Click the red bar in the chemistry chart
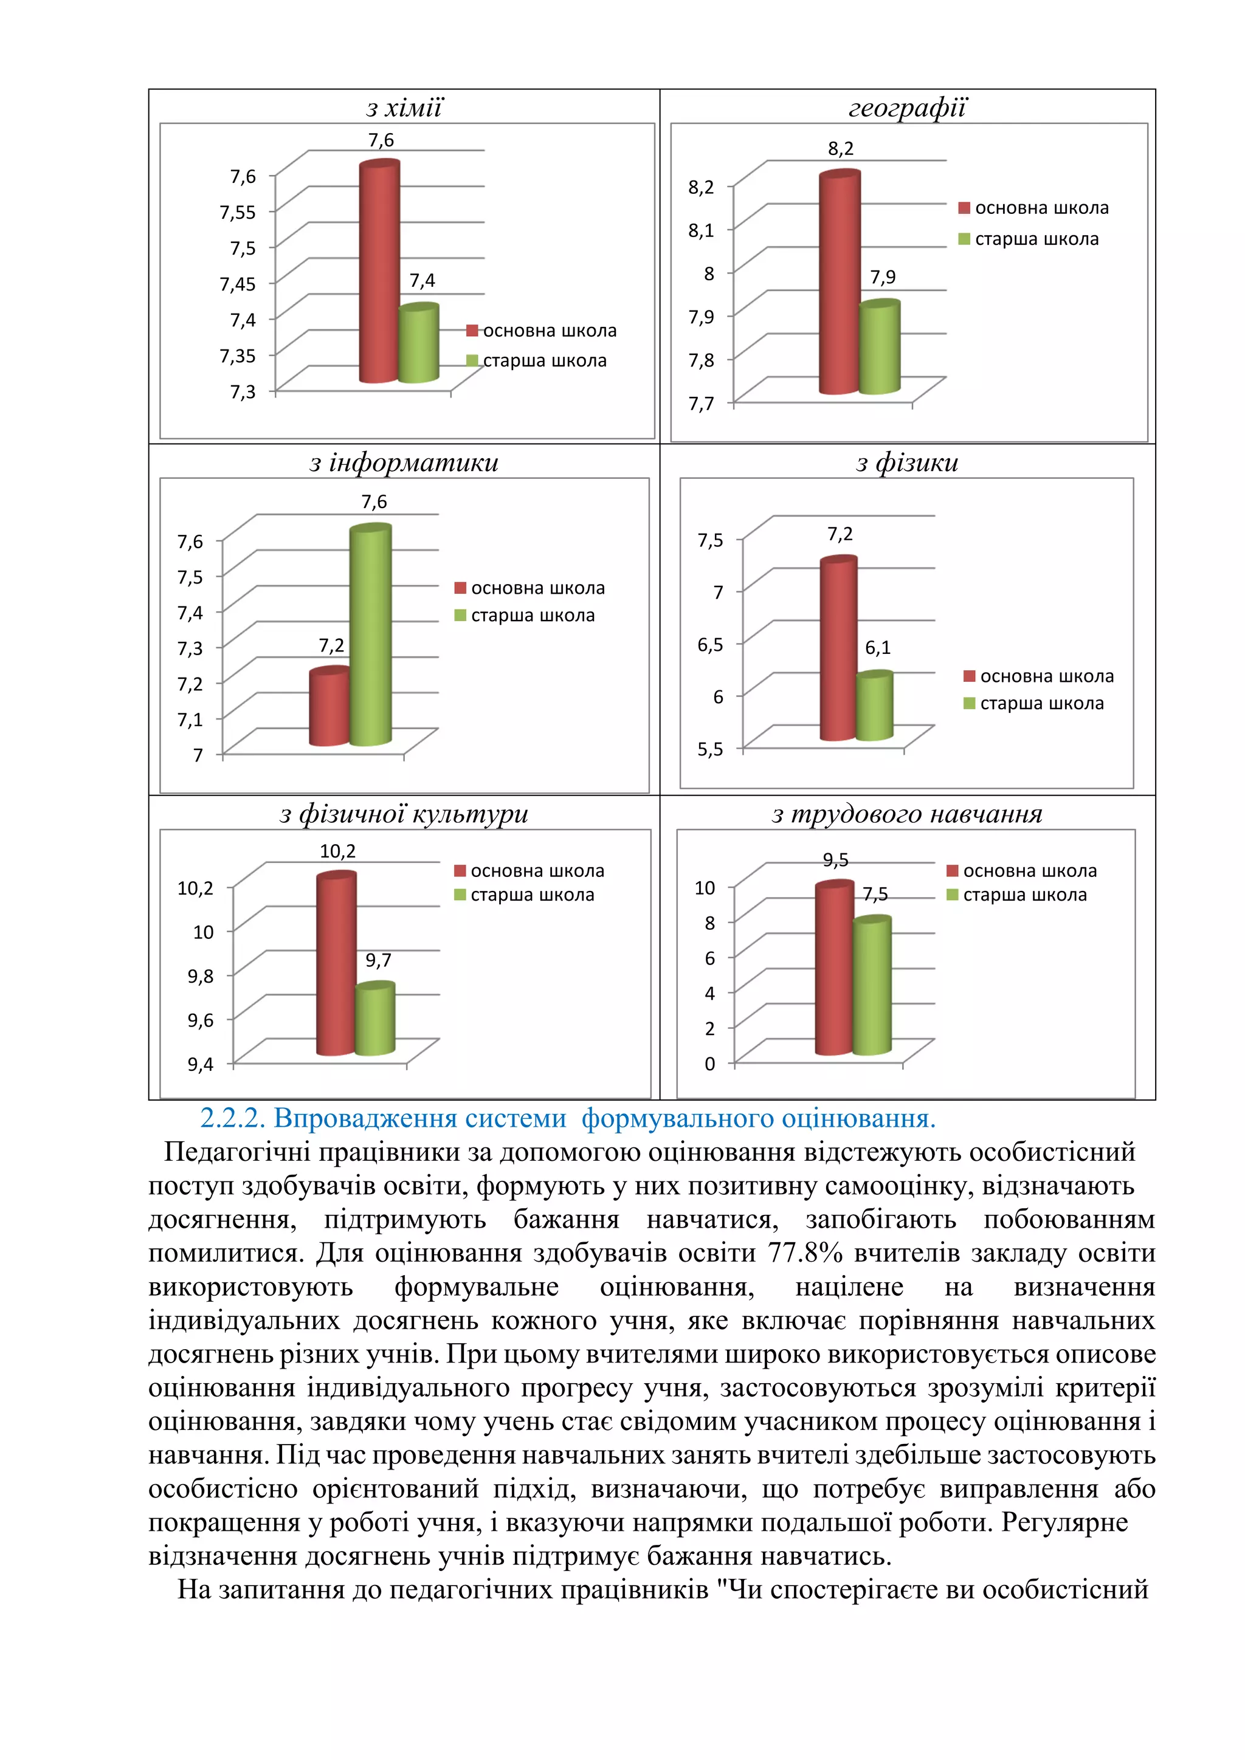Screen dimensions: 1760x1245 click(x=379, y=272)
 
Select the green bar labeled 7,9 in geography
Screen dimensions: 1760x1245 click(x=878, y=349)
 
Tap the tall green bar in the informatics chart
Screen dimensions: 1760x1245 click(x=370, y=636)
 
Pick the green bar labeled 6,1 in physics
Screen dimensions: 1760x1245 click(x=874, y=707)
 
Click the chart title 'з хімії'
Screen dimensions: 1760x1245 click(x=404, y=108)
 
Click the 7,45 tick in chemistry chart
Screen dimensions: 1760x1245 click(x=238, y=284)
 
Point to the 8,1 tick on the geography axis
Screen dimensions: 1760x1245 click(x=701, y=230)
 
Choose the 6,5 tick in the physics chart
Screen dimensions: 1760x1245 click(x=710, y=645)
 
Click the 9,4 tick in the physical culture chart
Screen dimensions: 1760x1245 click(x=200, y=1064)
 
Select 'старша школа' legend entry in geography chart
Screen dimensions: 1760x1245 click(x=1036, y=239)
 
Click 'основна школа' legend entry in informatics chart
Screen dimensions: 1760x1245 click(x=537, y=588)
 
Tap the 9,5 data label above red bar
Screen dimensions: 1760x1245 click(x=836, y=860)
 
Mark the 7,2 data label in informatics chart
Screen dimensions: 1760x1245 click(x=331, y=645)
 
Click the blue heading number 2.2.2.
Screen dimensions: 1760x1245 click(x=232, y=1118)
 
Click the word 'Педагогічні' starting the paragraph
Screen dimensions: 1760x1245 click(x=237, y=1152)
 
